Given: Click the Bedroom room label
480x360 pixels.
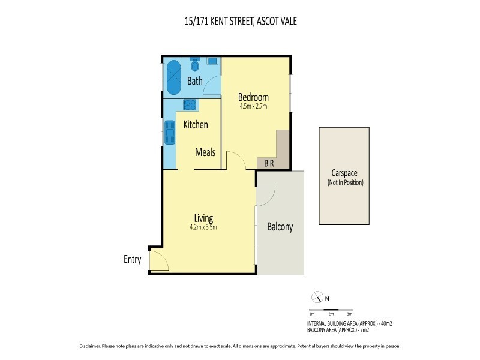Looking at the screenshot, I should [x=253, y=97].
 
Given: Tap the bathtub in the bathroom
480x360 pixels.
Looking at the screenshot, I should [x=173, y=77].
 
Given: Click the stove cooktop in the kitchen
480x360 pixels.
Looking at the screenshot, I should [x=190, y=106].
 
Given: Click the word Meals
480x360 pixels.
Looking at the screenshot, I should [x=205, y=152].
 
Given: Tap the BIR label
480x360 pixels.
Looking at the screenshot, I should [x=265, y=163].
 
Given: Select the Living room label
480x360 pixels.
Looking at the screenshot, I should [x=203, y=217].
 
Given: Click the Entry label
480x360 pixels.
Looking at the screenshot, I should [x=132, y=260].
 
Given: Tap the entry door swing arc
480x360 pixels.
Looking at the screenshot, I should [x=158, y=260].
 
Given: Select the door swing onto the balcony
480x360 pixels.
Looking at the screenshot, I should [x=266, y=196].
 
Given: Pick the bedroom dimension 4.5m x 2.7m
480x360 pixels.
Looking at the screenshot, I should [x=253, y=106].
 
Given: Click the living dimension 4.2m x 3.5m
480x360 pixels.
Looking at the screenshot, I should [x=204, y=227].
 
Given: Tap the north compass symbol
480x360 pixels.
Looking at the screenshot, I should [x=317, y=297].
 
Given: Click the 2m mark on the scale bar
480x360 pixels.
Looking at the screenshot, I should [x=331, y=314].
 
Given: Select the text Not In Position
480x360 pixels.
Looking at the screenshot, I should [x=345, y=182].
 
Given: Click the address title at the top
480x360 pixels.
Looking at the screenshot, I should [x=239, y=22].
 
